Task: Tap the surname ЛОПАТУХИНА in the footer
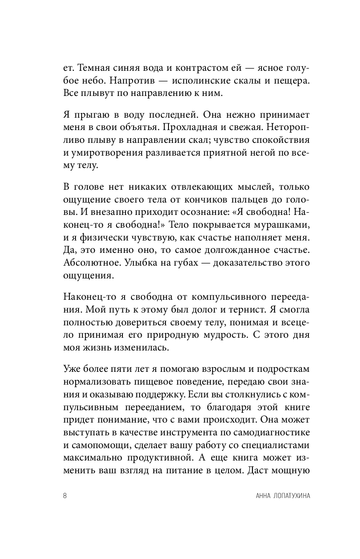[284, 496]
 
